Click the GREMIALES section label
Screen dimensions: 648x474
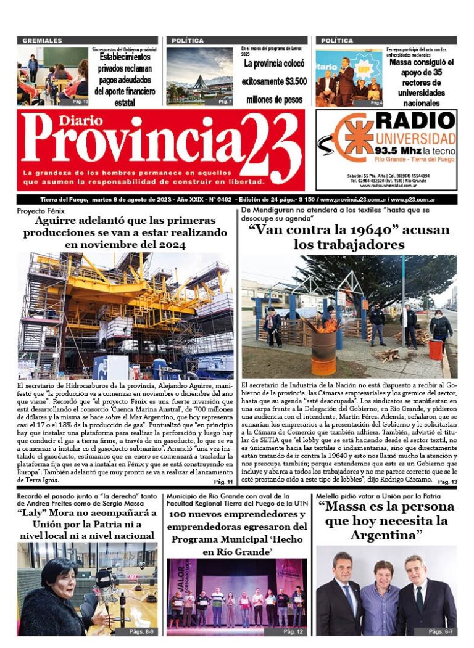click(x=42, y=41)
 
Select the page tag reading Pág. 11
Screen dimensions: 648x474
click(x=223, y=482)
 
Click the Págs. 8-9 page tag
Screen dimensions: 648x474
click(x=143, y=631)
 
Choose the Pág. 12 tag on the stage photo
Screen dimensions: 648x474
click(x=293, y=631)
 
